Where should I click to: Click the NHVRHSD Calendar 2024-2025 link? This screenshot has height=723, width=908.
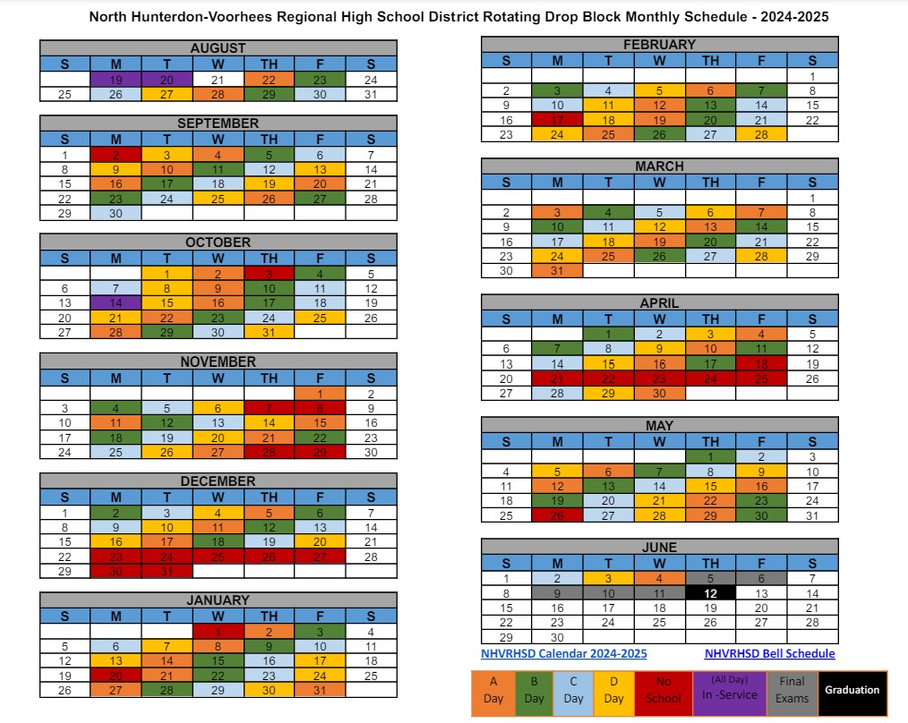[x=564, y=654]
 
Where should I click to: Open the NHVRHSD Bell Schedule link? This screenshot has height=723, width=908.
[x=769, y=654]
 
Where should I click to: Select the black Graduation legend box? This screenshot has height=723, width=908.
[x=852, y=690]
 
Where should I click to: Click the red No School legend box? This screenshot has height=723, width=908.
[x=663, y=690]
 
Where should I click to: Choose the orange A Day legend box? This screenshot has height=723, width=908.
[x=493, y=690]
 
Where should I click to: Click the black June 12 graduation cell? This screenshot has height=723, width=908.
[x=710, y=592]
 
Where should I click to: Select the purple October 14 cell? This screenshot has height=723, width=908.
[x=116, y=303]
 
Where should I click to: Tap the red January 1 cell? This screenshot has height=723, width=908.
[x=218, y=632]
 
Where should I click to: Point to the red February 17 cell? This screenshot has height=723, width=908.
[x=557, y=120]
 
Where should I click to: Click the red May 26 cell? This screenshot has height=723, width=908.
[x=557, y=515]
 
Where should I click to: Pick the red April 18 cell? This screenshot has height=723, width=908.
[x=761, y=363]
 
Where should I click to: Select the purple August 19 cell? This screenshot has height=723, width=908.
[x=116, y=80]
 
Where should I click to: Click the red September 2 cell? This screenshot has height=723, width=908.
[x=116, y=155]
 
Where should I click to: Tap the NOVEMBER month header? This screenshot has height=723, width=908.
[x=218, y=361]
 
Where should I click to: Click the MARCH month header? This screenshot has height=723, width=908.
[x=659, y=166]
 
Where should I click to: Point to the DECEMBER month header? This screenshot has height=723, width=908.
[x=218, y=481]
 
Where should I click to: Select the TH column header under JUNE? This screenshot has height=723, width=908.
[x=710, y=563]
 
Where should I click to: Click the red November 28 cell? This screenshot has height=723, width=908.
[x=269, y=451]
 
